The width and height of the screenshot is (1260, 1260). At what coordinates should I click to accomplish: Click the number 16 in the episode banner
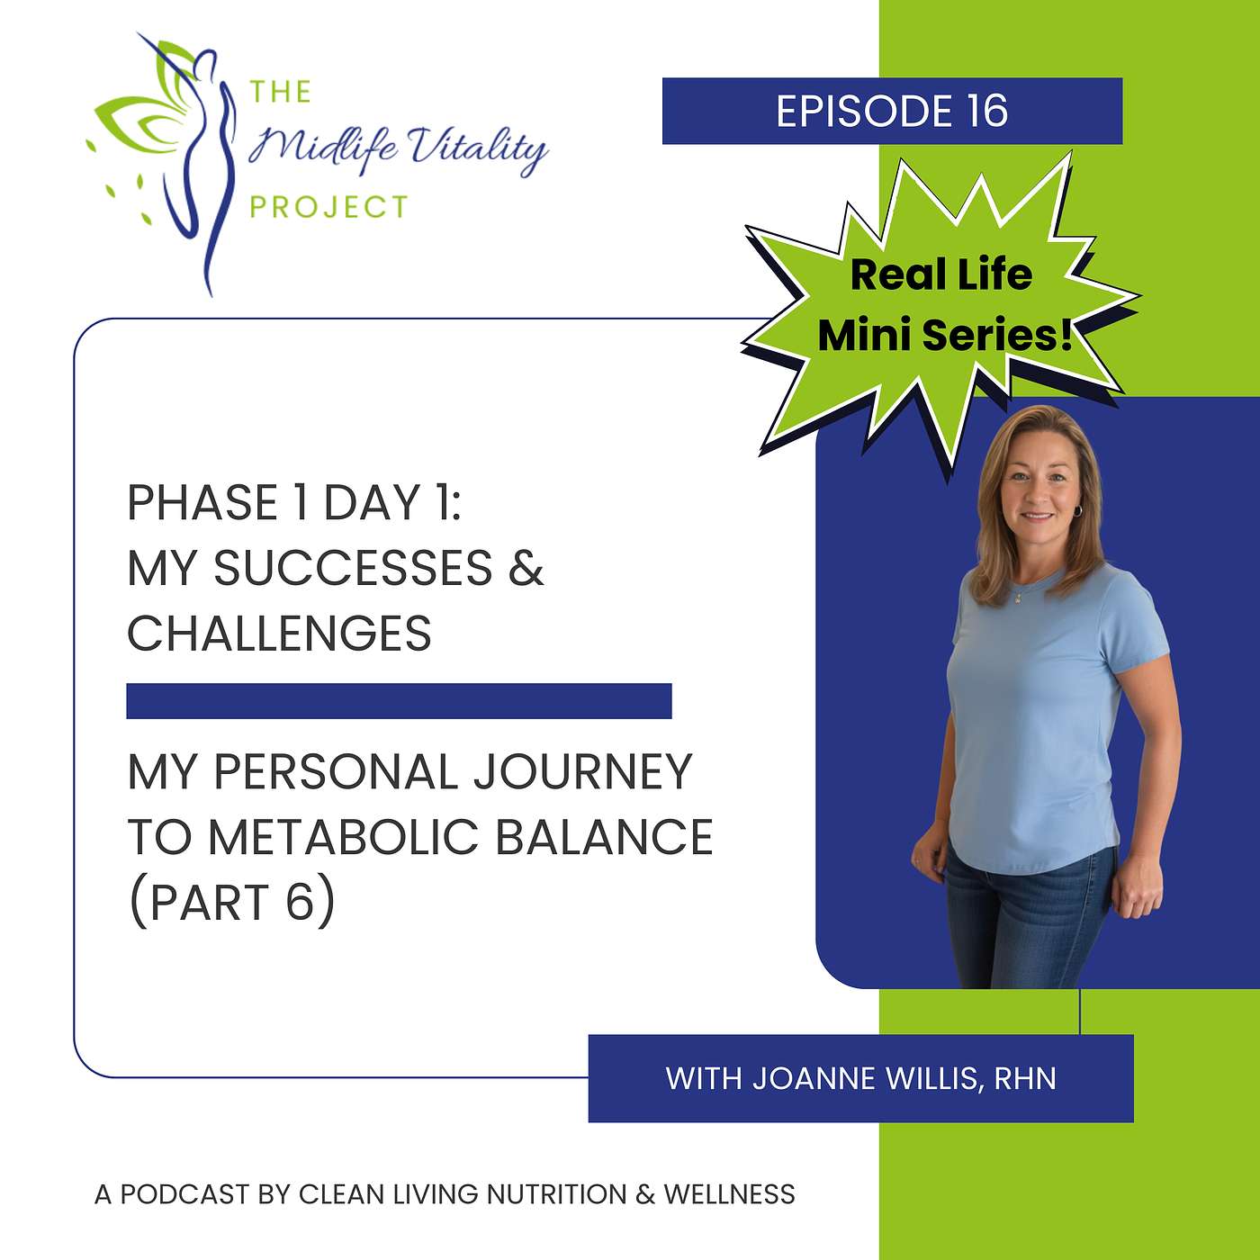(987, 111)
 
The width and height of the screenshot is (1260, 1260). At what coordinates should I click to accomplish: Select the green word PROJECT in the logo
(329, 208)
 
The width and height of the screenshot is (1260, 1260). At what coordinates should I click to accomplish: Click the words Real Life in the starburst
(941, 274)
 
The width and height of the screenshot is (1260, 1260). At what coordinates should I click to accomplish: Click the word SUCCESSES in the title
(353, 568)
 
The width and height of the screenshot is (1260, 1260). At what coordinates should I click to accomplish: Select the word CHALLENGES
(279, 634)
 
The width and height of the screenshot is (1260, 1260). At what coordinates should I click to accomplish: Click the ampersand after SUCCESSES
(526, 568)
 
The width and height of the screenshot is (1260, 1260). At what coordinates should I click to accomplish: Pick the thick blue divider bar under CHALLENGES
(399, 701)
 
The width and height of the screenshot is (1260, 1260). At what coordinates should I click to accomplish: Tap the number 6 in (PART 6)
(300, 902)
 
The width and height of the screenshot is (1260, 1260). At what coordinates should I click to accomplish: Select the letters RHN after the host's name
(1025, 1078)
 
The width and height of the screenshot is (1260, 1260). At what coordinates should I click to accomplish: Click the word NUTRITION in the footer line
(556, 1194)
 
